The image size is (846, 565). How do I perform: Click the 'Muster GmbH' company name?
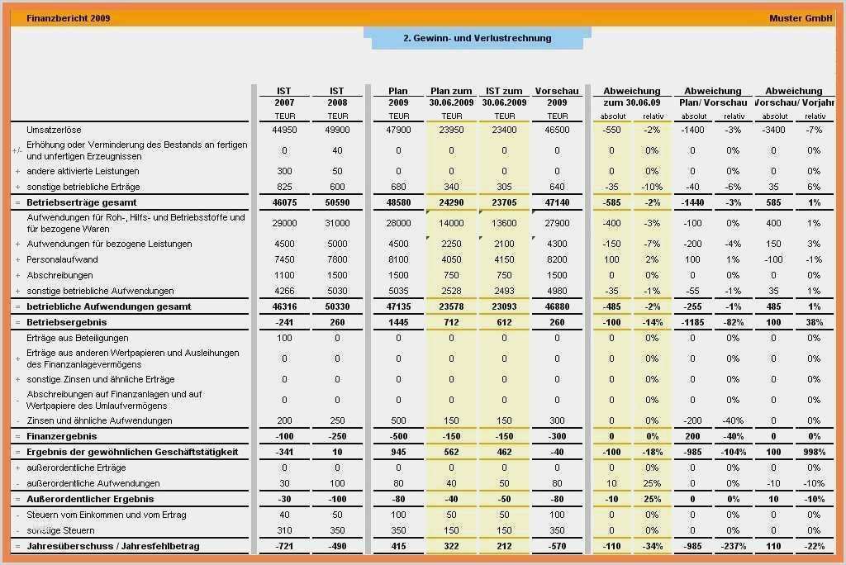coord(801,18)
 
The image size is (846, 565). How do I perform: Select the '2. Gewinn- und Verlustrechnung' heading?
coord(477,38)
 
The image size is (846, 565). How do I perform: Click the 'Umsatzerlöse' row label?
coord(54,131)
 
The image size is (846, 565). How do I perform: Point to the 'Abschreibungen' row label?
coord(59,275)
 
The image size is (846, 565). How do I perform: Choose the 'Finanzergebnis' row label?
coord(62,436)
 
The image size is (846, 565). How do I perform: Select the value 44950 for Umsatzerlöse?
coord(284,131)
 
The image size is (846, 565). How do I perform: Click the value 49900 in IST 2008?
coord(337,131)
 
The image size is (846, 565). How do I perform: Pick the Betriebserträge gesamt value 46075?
coord(284,202)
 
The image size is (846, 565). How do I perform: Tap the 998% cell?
coord(814,452)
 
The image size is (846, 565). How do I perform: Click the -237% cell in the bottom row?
coord(733,546)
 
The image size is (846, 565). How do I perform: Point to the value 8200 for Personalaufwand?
coord(557,259)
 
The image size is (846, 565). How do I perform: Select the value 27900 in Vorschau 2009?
coord(557,223)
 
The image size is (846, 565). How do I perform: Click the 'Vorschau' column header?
coord(557,91)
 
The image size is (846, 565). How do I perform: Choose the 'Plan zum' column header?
coord(451,91)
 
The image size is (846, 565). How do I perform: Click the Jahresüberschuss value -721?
coord(284,546)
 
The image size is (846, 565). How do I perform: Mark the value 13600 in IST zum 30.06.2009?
coord(504,223)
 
